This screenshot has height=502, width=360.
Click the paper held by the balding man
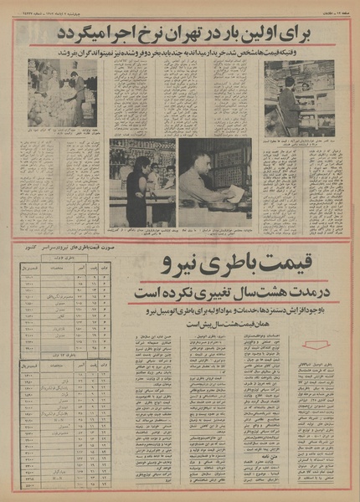tap(236, 194)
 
